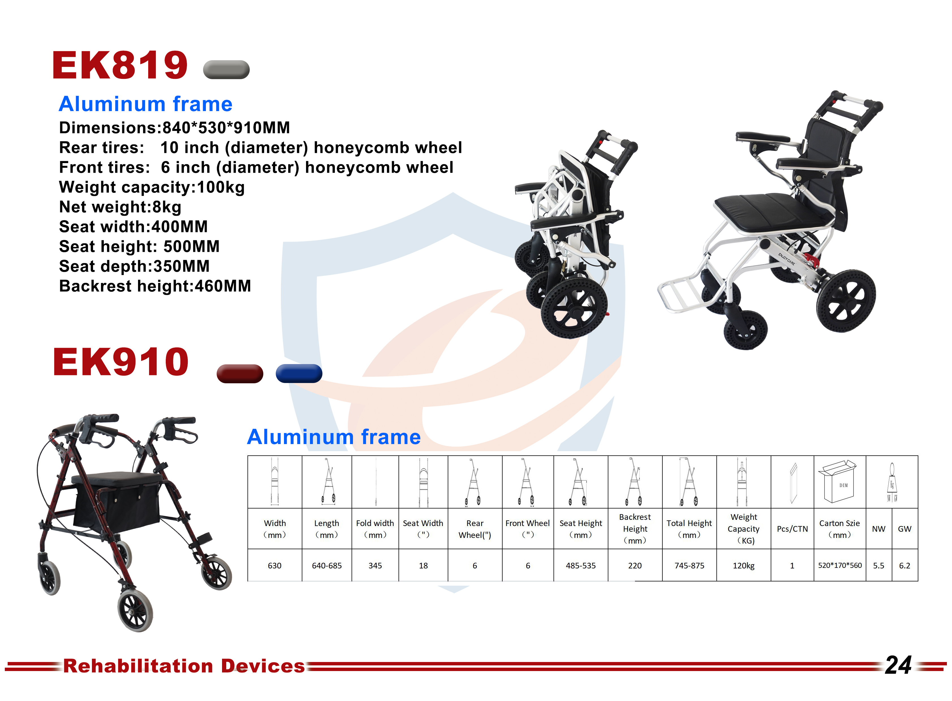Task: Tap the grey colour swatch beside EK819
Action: point(226,70)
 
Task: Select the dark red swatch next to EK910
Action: point(240,373)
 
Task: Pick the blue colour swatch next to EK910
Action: point(299,373)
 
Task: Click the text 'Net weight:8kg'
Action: point(120,207)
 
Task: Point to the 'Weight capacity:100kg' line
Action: point(152,187)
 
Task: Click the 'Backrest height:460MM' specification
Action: point(155,286)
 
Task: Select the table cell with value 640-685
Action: point(327,565)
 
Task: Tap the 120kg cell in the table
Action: point(744,565)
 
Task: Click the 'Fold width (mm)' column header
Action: point(375,529)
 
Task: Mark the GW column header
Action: point(904,529)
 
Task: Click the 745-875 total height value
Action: point(689,565)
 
